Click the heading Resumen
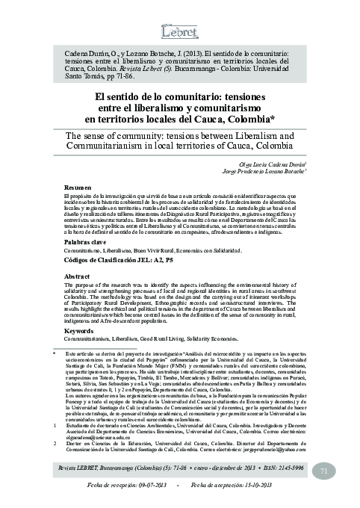tap(77, 187)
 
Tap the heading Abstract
tap(78, 275)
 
